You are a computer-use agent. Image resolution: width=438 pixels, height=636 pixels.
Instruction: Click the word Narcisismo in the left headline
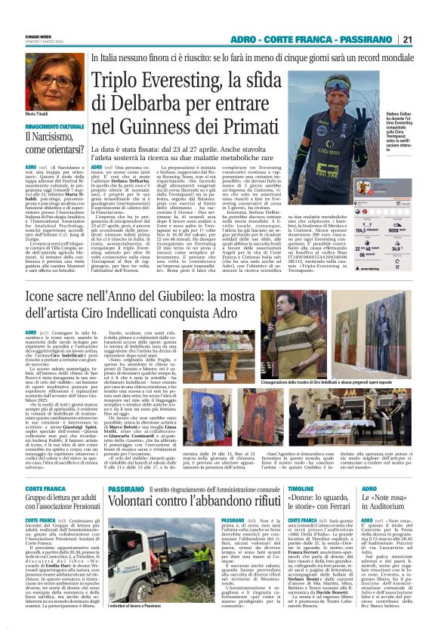tap(51, 137)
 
